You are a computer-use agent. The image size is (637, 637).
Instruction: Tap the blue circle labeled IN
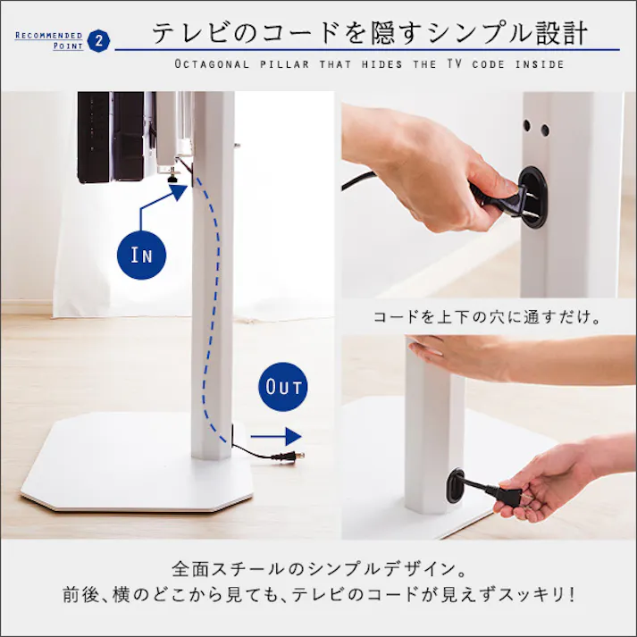(141, 255)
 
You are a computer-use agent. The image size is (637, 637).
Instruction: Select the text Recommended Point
(49, 40)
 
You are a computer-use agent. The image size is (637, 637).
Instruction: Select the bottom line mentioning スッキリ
(318, 593)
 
